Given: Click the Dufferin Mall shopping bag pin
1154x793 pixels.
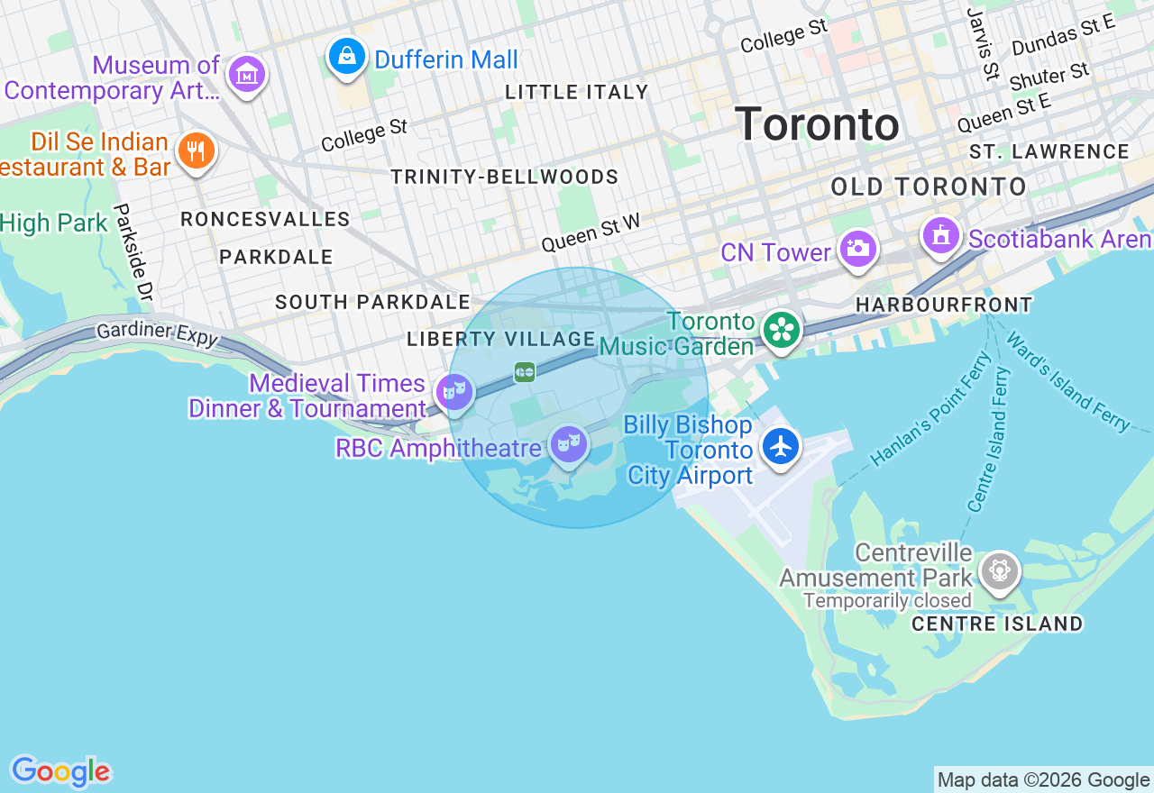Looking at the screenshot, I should [x=346, y=56].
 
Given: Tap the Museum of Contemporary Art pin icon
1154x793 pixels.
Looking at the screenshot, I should [x=246, y=74].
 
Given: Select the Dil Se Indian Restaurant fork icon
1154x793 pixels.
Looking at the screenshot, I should [x=195, y=150].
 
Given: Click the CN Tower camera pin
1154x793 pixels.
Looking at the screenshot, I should [x=856, y=248].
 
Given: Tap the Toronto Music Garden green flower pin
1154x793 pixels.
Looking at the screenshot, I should [x=782, y=330].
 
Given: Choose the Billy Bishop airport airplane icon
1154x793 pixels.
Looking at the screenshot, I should [x=781, y=446].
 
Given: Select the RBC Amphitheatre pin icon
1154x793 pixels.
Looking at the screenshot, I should [x=569, y=443].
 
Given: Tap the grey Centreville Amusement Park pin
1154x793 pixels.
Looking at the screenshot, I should [x=999, y=570].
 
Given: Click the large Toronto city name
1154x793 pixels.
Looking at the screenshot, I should [x=817, y=124].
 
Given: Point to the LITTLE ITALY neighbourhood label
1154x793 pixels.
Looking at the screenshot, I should [x=577, y=92].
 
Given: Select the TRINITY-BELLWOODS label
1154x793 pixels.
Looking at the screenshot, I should [x=505, y=177].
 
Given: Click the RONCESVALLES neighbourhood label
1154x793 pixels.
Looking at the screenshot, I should [x=265, y=219].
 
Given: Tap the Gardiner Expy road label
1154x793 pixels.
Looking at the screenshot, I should [x=157, y=333].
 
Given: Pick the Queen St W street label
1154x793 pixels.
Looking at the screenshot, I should [x=591, y=232].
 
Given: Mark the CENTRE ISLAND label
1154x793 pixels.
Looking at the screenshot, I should [x=997, y=624].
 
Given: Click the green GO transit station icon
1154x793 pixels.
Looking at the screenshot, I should [x=525, y=372].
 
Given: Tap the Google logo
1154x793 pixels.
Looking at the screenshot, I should [x=60, y=771].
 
